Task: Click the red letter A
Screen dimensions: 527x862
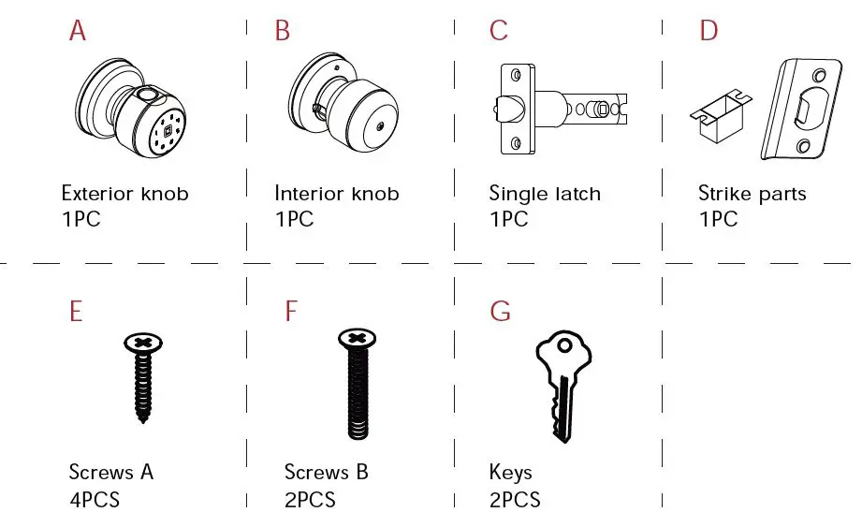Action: click(78, 31)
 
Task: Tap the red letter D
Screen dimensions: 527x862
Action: click(709, 31)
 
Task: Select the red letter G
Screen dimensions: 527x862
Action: click(500, 311)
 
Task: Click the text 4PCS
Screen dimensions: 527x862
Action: click(95, 499)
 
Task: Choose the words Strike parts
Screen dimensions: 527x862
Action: click(752, 195)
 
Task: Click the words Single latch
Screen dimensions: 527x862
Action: click(545, 195)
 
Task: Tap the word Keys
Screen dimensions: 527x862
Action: click(510, 473)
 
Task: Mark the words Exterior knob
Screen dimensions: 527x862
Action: click(124, 195)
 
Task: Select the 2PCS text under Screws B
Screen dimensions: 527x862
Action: click(310, 499)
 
